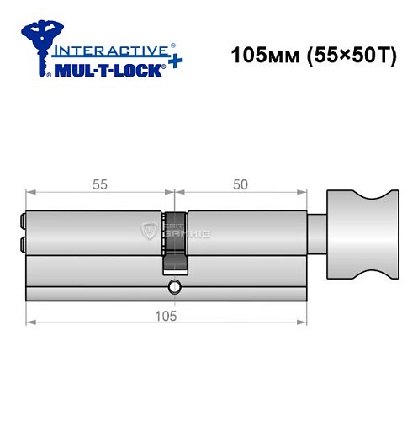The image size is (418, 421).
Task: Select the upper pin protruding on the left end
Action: coord(21,223)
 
